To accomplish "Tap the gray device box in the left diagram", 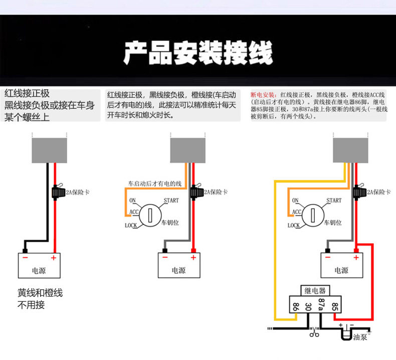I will [49, 149].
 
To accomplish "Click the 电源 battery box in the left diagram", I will [39, 266].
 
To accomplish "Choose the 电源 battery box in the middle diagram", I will [178, 266].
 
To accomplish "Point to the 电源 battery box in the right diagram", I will [341, 266].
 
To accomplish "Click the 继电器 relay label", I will [315, 291].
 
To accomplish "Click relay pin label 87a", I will [322, 305].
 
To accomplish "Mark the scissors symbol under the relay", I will [314, 332].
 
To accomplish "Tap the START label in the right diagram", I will [334, 201].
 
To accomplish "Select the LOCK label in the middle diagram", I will [131, 226].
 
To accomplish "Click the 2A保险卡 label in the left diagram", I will [76, 192].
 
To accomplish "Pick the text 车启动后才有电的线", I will [154, 184].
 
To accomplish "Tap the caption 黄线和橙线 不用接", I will [40, 298].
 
